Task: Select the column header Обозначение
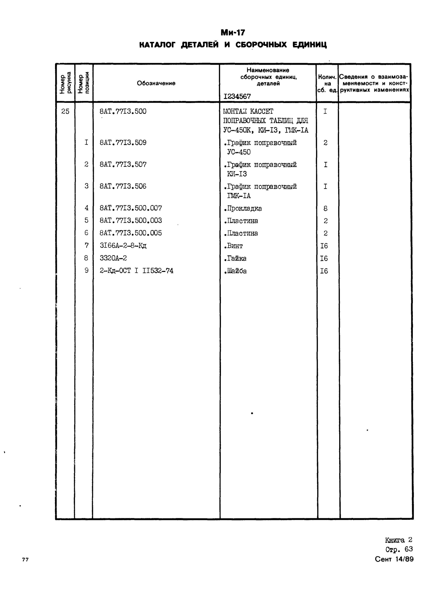(156, 83)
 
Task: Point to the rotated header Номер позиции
(83, 83)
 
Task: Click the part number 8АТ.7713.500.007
(131, 208)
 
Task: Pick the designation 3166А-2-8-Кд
(123, 246)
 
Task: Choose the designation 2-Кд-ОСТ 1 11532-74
(136, 271)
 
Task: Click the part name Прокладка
(243, 209)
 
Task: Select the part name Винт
(234, 246)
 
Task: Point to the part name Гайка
(235, 258)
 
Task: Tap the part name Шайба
(235, 271)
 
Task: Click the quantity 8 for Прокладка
(325, 209)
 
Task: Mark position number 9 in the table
(86, 270)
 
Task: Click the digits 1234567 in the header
(237, 96)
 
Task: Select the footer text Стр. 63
(399, 549)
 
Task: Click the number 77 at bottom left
(25, 560)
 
